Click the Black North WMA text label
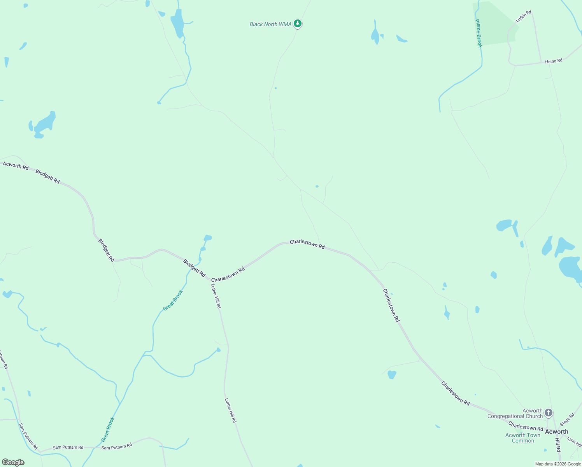pyautogui.click(x=270, y=24)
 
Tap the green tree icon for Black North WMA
pyautogui.click(x=298, y=24)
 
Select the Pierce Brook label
pyautogui.click(x=479, y=33)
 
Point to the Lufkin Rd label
pyautogui.click(x=523, y=16)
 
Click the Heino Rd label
pyautogui.click(x=554, y=61)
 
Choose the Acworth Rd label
pyautogui.click(x=16, y=166)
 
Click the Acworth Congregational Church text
pyautogui.click(x=515, y=413)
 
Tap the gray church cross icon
pyautogui.click(x=548, y=413)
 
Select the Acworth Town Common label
pyautogui.click(x=523, y=438)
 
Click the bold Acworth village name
pyautogui.click(x=556, y=432)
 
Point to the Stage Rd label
pyautogui.click(x=567, y=420)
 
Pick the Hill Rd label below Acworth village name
pyautogui.click(x=558, y=444)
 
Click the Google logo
pyautogui.click(x=13, y=462)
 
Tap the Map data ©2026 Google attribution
pyautogui.click(x=558, y=464)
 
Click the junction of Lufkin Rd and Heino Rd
pyautogui.click(x=541, y=62)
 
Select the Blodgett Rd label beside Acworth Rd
pyautogui.click(x=47, y=176)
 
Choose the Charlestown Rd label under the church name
pyautogui.click(x=526, y=427)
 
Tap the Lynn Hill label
pyautogui.click(x=575, y=442)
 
